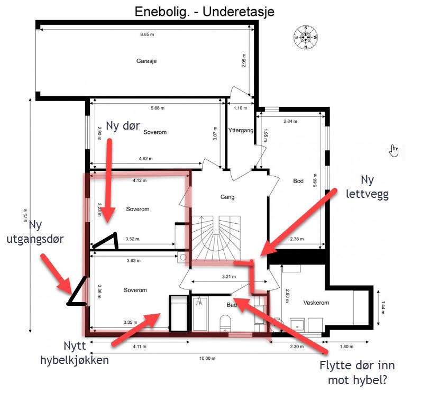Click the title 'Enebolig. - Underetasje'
204,12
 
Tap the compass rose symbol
306,38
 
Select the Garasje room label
147,61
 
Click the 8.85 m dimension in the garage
147,34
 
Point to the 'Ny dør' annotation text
123,125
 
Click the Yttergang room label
241,130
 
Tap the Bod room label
298,181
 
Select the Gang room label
227,197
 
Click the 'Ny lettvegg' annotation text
367,187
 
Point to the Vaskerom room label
316,303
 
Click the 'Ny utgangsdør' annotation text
35,232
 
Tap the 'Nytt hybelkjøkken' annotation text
75,353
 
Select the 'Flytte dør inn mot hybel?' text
357,372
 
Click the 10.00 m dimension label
207,358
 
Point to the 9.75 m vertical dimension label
25,215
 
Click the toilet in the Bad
225,323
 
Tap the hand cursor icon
394,151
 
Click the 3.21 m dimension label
229,277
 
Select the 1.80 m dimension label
346,347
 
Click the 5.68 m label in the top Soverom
158,108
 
